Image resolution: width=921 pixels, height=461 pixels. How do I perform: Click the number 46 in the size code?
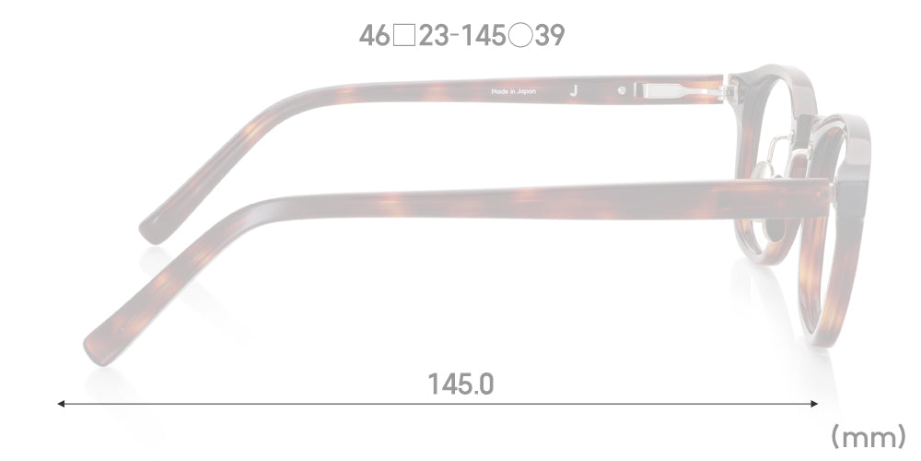click(374, 36)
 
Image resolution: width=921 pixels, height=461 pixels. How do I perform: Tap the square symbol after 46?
click(403, 36)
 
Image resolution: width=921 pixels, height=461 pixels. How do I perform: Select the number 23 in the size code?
click(434, 36)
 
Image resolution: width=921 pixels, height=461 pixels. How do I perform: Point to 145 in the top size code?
click(484, 36)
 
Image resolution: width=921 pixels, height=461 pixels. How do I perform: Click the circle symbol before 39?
click(519, 36)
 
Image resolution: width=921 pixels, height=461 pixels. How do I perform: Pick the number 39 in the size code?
click(549, 36)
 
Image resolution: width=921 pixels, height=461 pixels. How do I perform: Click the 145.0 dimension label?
click(460, 384)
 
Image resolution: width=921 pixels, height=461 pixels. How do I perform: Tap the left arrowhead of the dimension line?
click(61, 404)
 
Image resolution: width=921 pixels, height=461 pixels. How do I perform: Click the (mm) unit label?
click(869, 437)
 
